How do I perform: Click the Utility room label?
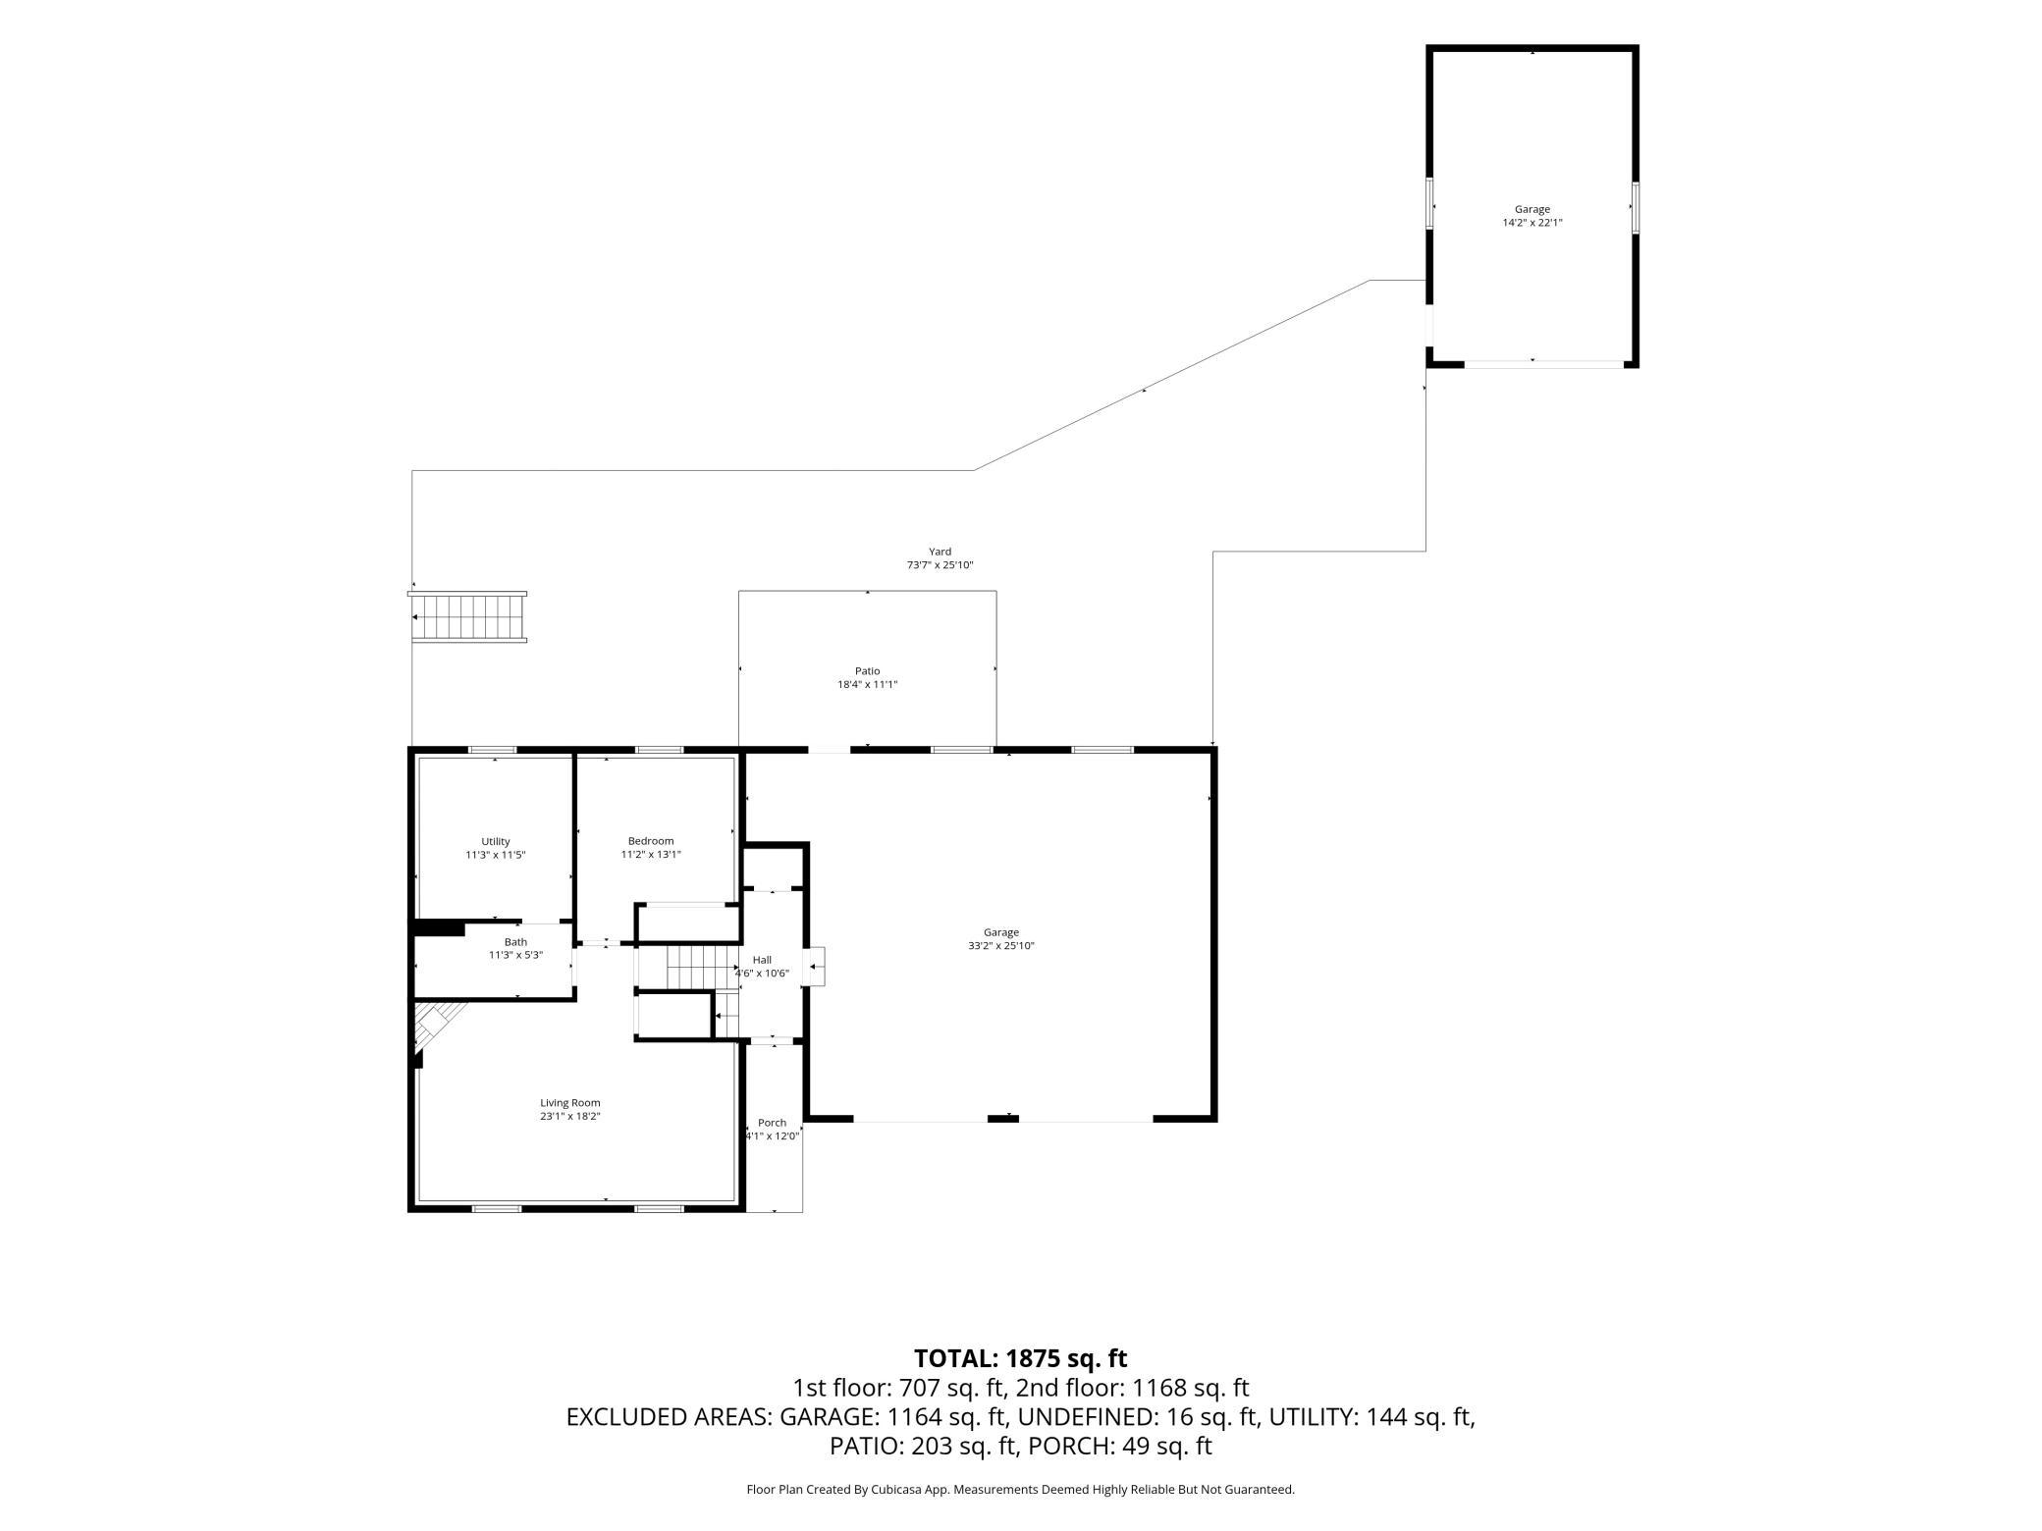pos(496,841)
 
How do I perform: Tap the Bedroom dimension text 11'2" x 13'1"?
pos(651,855)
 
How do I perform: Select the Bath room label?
pos(515,942)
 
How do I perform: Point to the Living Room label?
pos(570,1103)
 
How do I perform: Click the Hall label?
pos(762,960)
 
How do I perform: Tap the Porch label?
pos(773,1123)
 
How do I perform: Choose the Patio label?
pos(867,671)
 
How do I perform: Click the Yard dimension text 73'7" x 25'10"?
pos(940,565)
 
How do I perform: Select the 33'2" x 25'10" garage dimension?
pos(1001,946)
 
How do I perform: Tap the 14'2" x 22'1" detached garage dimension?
pos(1532,223)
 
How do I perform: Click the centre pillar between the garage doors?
pos(1002,1118)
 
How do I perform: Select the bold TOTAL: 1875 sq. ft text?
pos(1021,1358)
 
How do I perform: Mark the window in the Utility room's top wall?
pos(493,750)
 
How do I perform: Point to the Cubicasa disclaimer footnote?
pos(1021,1490)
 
